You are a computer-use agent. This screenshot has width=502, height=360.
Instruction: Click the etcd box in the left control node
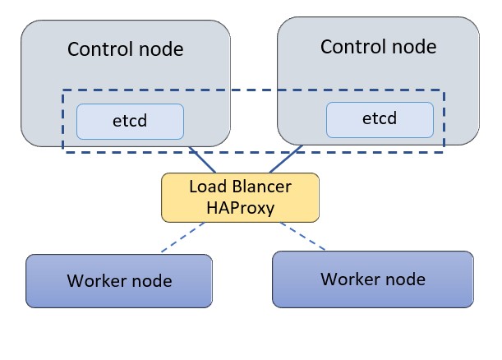(130, 121)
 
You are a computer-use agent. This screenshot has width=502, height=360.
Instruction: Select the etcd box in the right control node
(380, 119)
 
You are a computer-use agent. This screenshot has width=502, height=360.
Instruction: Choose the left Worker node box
(119, 280)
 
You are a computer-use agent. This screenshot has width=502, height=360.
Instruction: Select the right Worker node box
(373, 279)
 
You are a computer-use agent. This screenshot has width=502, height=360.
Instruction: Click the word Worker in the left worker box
(97, 281)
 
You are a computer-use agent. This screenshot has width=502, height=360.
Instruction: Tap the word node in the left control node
(161, 49)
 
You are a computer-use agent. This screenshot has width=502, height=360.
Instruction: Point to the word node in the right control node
(413, 46)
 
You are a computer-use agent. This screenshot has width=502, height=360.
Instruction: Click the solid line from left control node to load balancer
(203, 160)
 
